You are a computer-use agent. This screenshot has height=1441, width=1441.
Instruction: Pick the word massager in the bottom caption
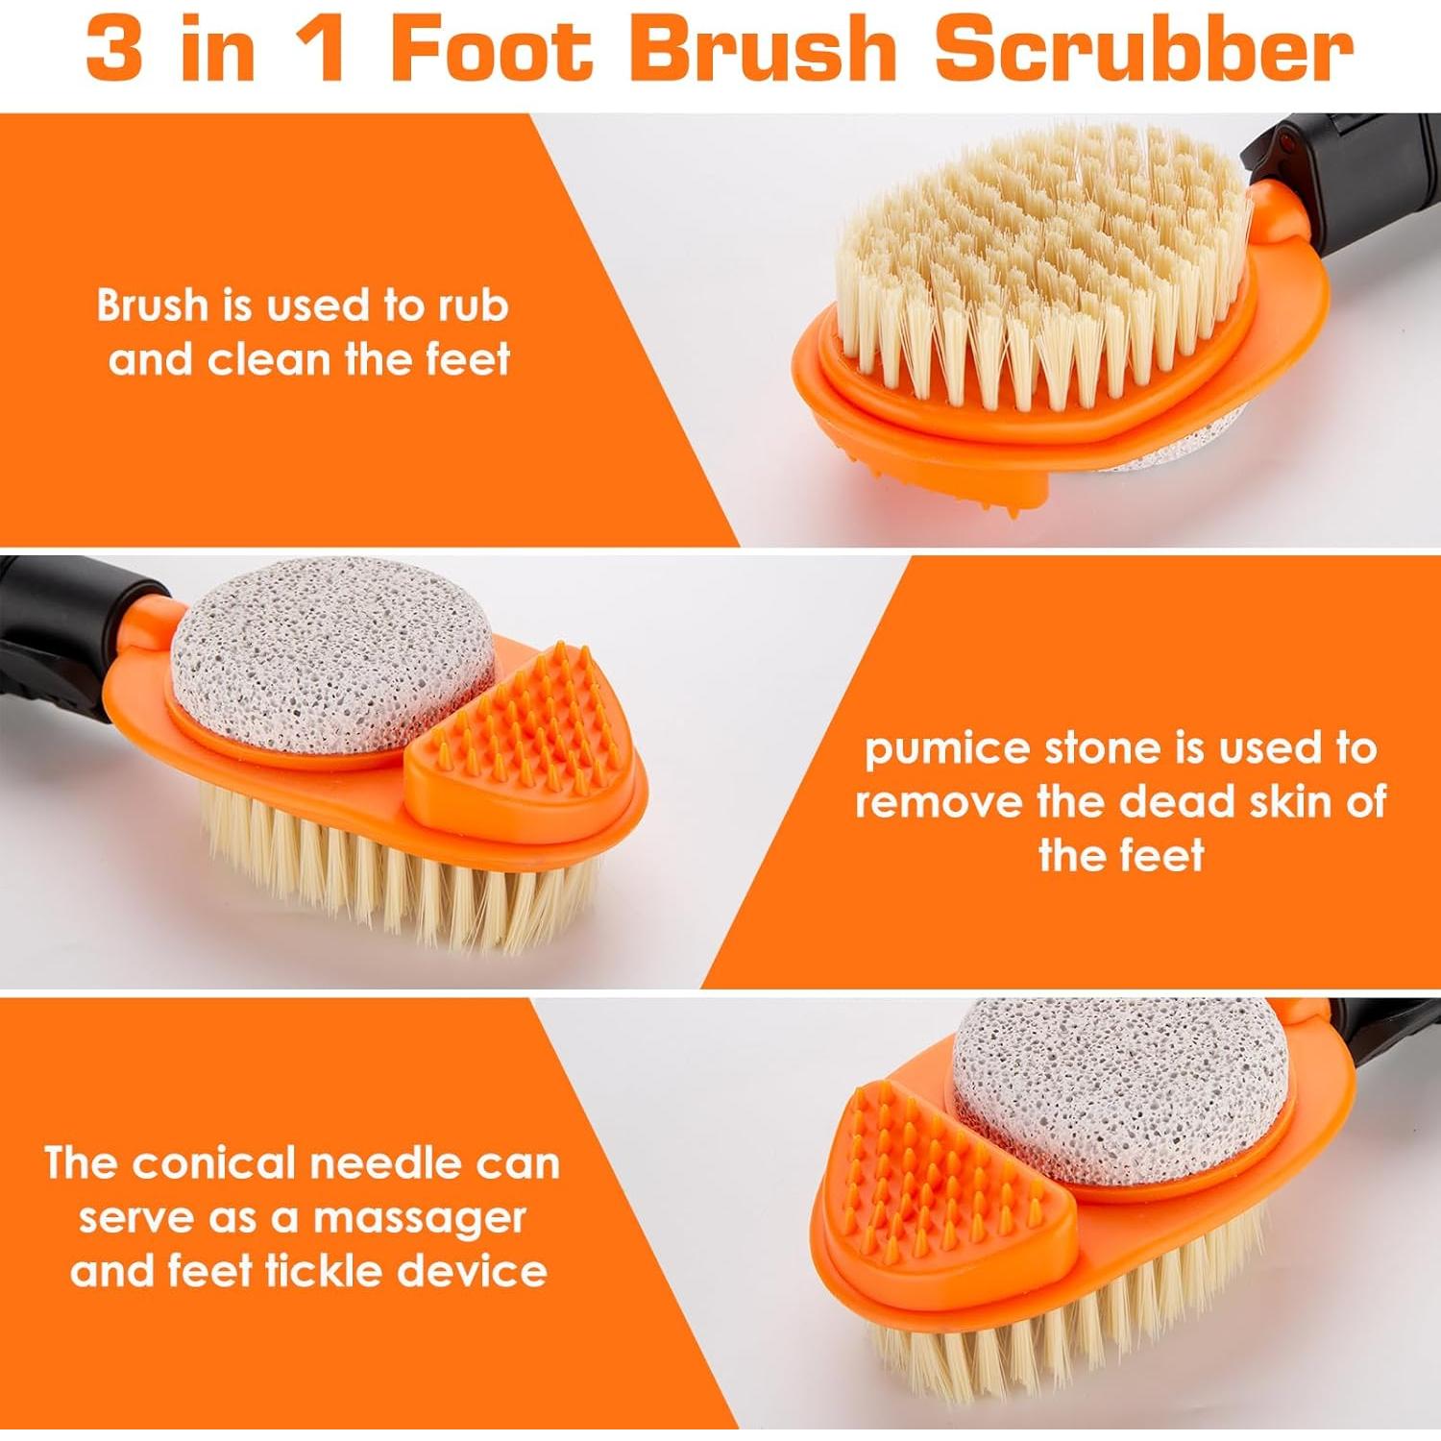[419, 1218]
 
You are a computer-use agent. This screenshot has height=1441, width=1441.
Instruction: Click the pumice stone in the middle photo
[327, 653]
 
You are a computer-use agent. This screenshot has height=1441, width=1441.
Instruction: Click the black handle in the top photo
[1364, 183]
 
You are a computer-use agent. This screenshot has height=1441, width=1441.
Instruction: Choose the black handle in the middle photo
[58, 653]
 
